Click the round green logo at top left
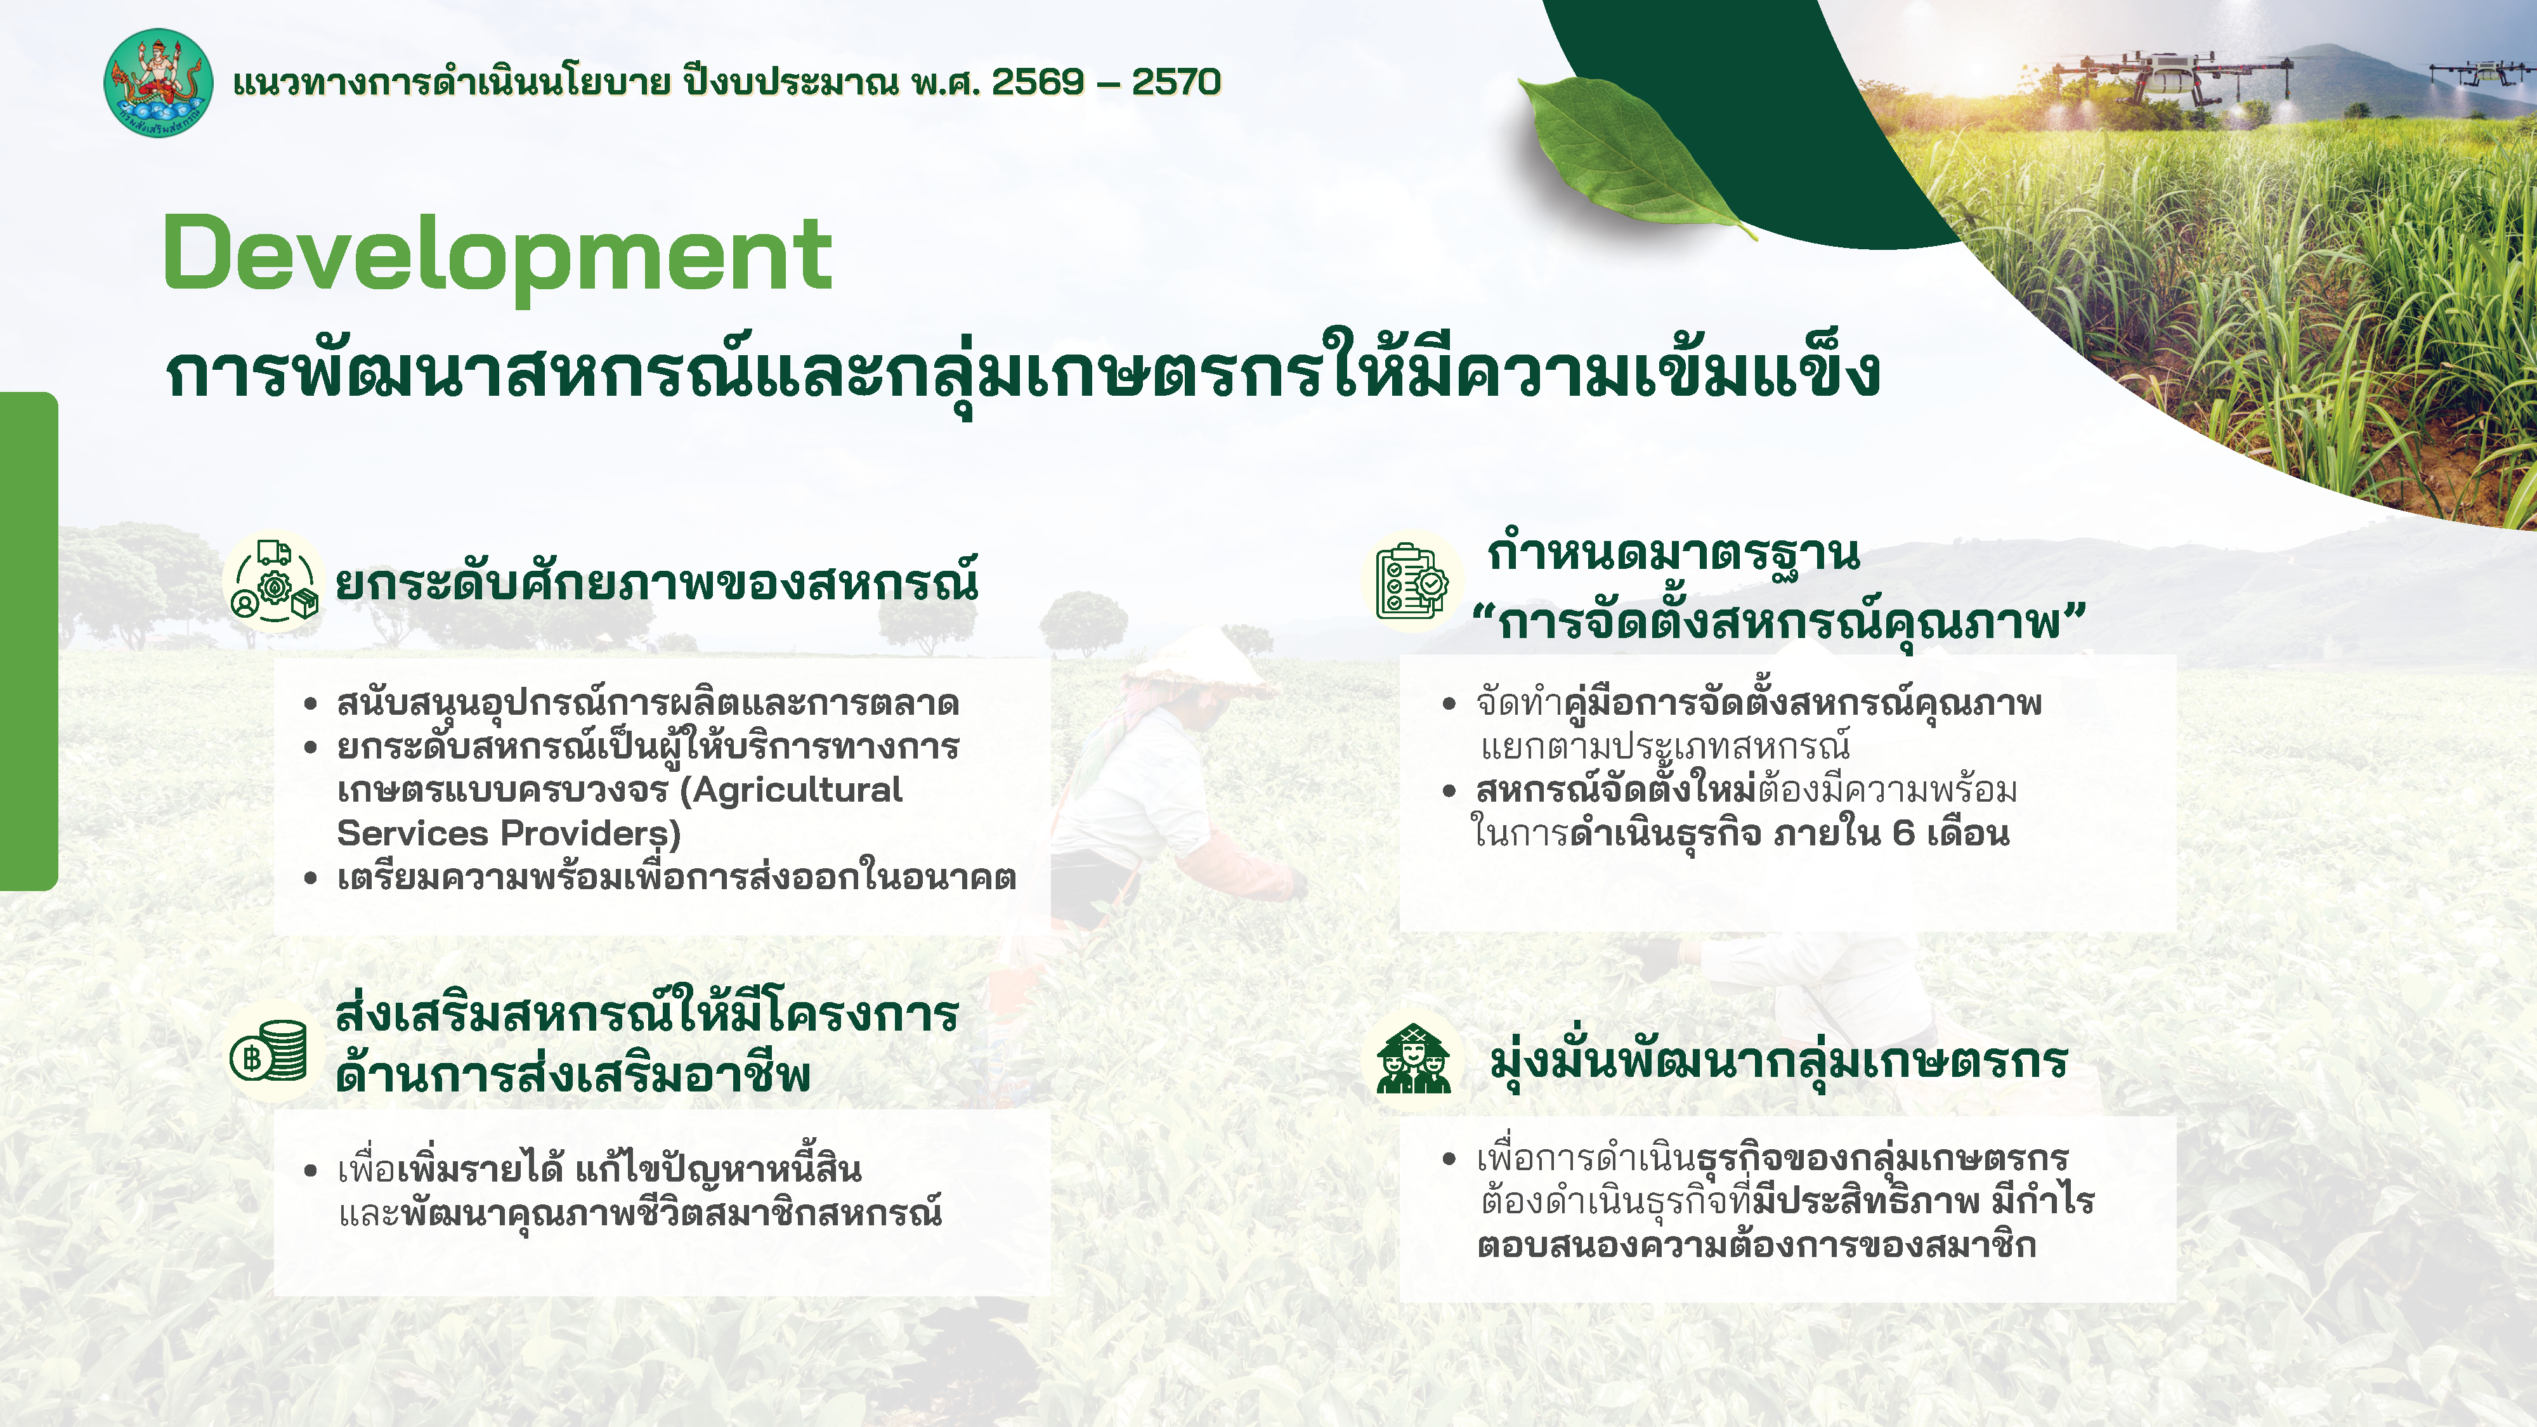pos(157,82)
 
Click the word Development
pos(497,254)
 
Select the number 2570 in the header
pos(1176,82)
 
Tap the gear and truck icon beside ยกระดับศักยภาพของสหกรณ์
pos(275,582)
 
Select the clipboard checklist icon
pos(1411,582)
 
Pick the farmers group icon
pos(1413,1059)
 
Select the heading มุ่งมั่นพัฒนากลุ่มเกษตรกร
pos(1778,1060)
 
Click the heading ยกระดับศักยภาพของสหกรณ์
pos(657,583)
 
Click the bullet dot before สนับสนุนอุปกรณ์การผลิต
pos(310,704)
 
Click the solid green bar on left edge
pos(27,640)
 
